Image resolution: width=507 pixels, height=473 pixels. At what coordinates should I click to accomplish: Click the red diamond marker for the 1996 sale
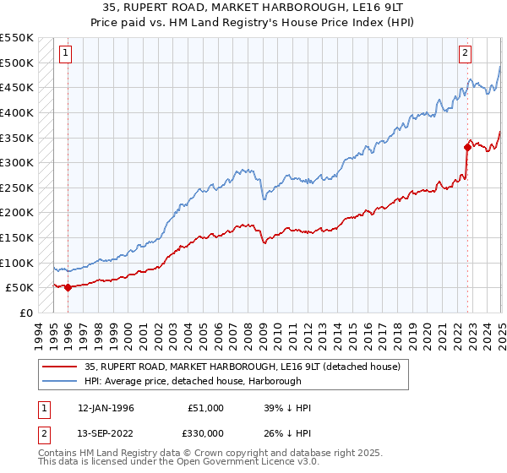(67, 287)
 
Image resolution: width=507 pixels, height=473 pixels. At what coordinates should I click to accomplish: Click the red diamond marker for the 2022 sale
(467, 146)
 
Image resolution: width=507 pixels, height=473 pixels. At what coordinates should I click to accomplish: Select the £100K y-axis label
(19, 263)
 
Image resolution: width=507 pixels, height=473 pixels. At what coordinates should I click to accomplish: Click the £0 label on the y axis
(25, 313)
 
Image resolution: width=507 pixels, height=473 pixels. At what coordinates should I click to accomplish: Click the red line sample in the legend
(60, 366)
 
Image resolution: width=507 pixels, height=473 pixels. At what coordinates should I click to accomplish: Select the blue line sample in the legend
(60, 381)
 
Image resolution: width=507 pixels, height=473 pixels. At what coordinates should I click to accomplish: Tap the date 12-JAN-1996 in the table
(106, 408)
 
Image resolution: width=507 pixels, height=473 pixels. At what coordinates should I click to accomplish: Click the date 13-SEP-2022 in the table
(106, 433)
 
